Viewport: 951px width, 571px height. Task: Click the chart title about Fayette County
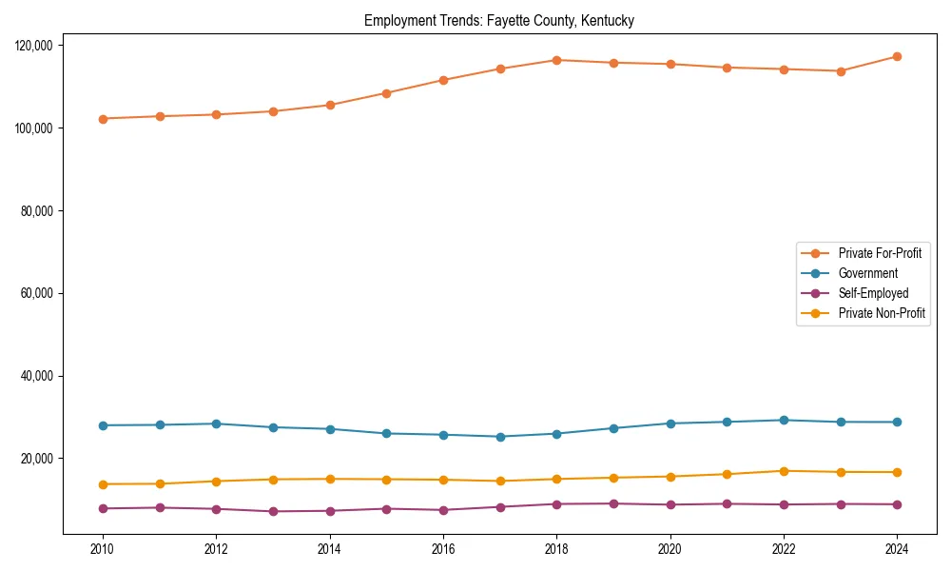(499, 20)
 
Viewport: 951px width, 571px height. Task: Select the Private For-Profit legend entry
(880, 253)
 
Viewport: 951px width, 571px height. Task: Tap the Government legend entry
(867, 273)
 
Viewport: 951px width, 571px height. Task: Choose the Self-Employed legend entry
(873, 293)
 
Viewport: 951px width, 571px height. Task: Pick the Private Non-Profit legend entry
(882, 313)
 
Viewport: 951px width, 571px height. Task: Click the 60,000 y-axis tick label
(39, 293)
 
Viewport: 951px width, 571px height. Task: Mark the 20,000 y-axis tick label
(39, 459)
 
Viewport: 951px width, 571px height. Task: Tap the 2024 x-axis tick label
(897, 549)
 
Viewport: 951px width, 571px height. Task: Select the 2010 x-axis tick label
(103, 549)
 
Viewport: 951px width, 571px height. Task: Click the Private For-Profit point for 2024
(897, 57)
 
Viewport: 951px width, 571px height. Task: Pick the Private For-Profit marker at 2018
(556, 60)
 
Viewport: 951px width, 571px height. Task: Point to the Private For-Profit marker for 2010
(103, 119)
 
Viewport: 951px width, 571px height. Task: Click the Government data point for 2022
(784, 420)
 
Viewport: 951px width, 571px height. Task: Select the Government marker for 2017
(500, 437)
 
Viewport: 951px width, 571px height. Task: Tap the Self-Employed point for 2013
(273, 511)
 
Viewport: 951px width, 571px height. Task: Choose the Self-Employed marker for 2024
(897, 504)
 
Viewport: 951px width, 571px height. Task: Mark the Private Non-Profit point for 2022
(784, 471)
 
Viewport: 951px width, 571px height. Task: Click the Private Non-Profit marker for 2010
(103, 484)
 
